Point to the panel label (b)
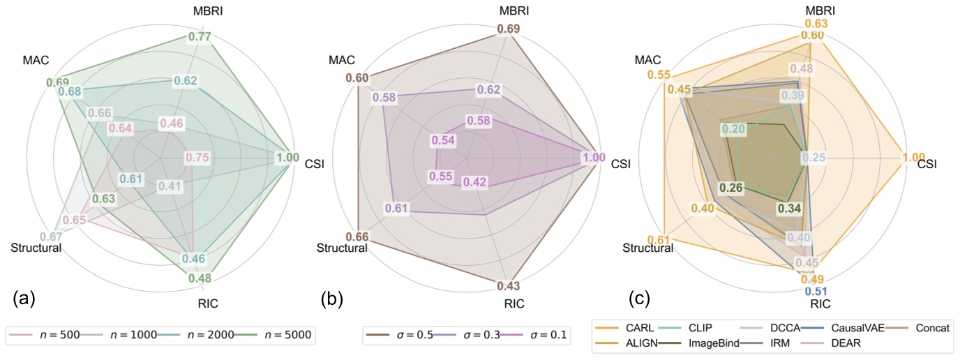pyautogui.click(x=331, y=300)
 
